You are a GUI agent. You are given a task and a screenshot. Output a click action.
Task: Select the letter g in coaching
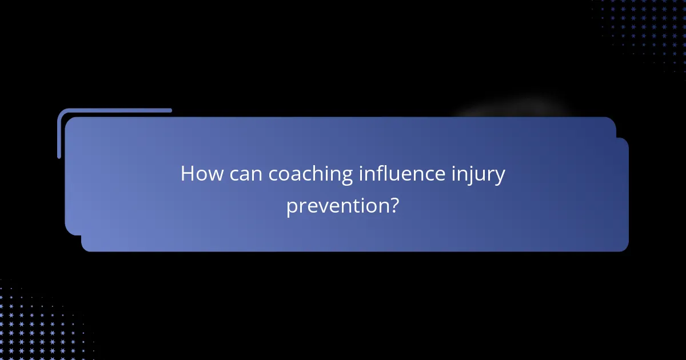pyautogui.click(x=346, y=177)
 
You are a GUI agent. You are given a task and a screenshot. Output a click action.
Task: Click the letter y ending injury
pyautogui.click(x=500, y=177)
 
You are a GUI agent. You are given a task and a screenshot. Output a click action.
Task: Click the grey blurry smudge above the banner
pyautogui.click(x=514, y=109)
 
